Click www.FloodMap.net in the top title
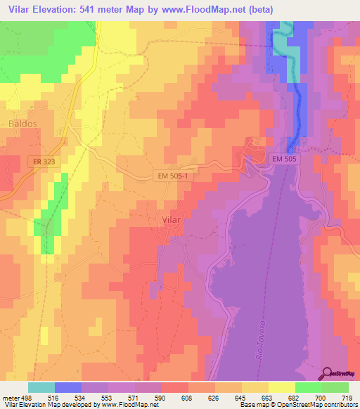click(203, 9)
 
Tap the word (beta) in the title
click(259, 9)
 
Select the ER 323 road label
click(44, 162)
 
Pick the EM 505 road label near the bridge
click(287, 160)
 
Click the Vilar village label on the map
click(169, 220)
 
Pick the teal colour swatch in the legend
click(41, 387)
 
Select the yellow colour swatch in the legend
click(281, 387)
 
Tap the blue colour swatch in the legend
click(68, 387)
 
